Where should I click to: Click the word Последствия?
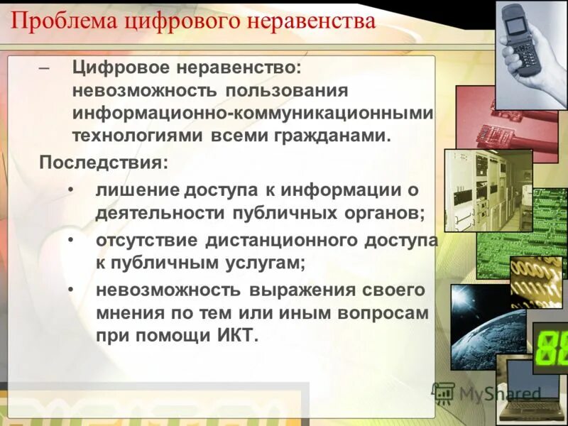pos(104,162)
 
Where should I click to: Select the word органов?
pos(384,213)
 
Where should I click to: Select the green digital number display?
pos(550,347)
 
